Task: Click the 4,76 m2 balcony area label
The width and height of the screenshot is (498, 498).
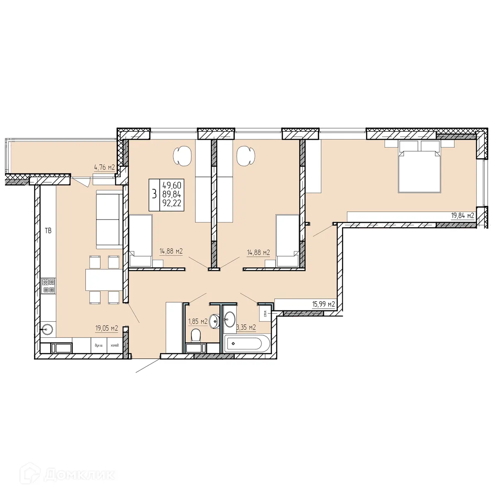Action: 104,168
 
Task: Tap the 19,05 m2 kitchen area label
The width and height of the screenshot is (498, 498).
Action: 107,328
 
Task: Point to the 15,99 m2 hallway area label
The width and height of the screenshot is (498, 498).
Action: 323,304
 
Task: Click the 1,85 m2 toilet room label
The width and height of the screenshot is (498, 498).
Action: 198,321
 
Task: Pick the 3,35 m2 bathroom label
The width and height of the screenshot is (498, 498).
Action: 246,327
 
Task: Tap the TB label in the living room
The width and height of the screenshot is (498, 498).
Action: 48,231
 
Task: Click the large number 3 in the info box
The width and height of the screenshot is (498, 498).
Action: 154,194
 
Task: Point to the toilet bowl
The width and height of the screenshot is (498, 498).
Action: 195,334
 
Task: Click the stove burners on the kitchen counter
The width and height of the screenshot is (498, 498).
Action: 49,286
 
